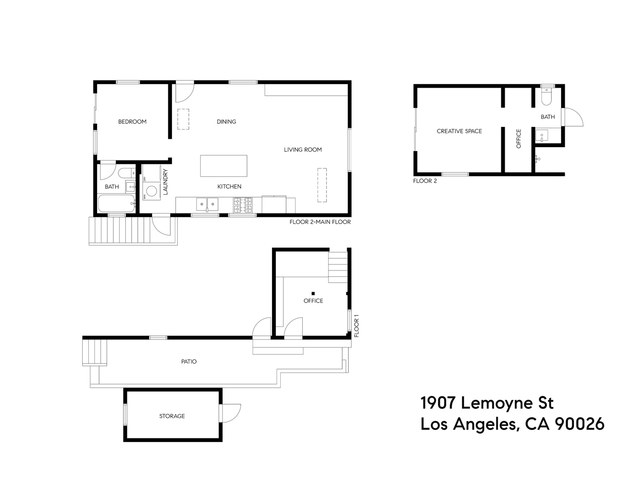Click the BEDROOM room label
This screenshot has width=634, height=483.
(132, 122)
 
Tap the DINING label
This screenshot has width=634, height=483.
(226, 122)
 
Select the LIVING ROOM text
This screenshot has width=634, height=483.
(303, 150)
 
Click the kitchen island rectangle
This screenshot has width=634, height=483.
(223, 166)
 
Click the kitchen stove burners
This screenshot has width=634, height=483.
(243, 205)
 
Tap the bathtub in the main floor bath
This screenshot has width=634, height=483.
(116, 204)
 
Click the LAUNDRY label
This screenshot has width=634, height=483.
(165, 182)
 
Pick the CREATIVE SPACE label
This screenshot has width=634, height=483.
(459, 131)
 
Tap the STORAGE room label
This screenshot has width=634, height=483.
(172, 416)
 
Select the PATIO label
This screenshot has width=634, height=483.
(189, 362)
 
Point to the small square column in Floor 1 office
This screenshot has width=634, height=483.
(313, 293)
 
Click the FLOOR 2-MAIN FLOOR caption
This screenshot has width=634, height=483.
(320, 222)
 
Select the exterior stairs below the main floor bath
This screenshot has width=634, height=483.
(119, 230)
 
